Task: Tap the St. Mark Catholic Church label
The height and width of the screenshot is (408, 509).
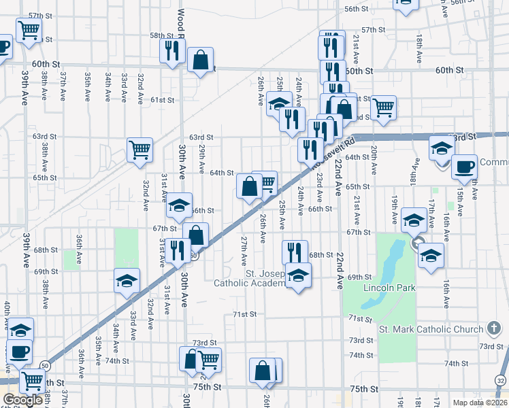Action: tap(431, 329)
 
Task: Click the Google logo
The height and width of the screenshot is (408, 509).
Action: tap(22, 399)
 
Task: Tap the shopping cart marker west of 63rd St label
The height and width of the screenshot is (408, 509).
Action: tap(139, 149)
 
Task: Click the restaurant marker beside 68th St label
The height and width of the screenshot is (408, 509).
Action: tap(295, 252)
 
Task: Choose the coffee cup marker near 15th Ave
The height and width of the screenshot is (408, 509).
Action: tap(464, 167)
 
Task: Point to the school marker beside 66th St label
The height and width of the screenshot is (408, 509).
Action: tap(178, 205)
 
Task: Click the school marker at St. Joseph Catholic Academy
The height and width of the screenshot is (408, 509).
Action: tap(297, 275)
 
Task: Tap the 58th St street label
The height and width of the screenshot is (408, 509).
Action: tap(162, 35)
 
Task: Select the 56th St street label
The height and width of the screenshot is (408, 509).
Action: tap(356, 9)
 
